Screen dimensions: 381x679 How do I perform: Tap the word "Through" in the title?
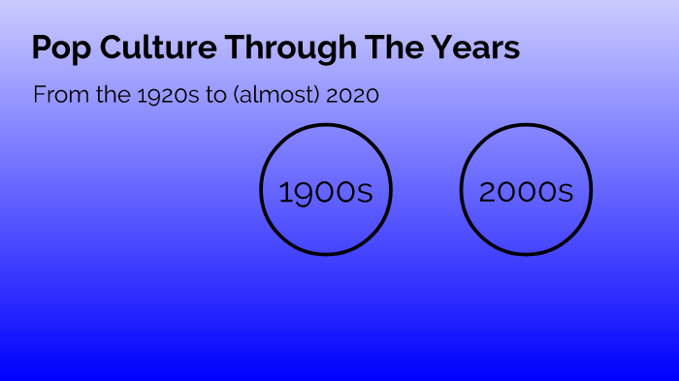[x=277, y=48]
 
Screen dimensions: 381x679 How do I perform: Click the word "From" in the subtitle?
[x=55, y=95]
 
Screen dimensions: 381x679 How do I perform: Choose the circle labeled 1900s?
[x=325, y=191]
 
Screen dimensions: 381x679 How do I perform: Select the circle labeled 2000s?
[x=526, y=191]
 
